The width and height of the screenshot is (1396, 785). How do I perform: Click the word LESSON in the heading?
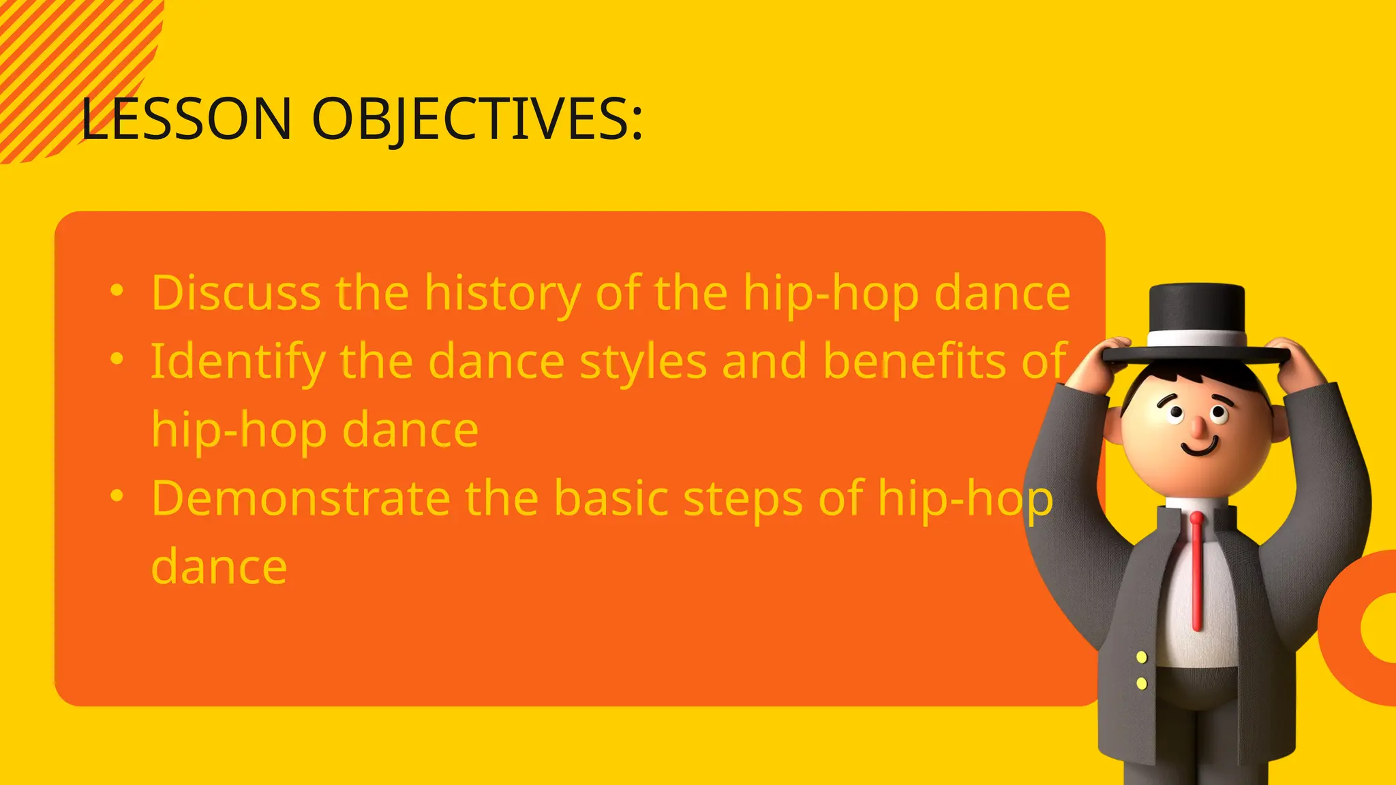tap(186, 119)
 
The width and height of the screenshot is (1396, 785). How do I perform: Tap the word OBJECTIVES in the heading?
tap(476, 119)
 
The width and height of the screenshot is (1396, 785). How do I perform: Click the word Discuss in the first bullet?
tap(236, 293)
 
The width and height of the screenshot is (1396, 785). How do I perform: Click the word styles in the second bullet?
tap(643, 363)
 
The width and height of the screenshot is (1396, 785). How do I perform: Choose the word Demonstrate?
tap(301, 499)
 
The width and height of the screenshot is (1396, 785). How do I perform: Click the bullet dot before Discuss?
tap(117, 291)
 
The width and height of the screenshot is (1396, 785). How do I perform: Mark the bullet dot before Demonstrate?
tap(117, 496)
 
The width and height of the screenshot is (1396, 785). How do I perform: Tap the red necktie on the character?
tap(1196, 572)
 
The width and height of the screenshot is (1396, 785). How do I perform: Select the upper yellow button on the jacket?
tap(1142, 657)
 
